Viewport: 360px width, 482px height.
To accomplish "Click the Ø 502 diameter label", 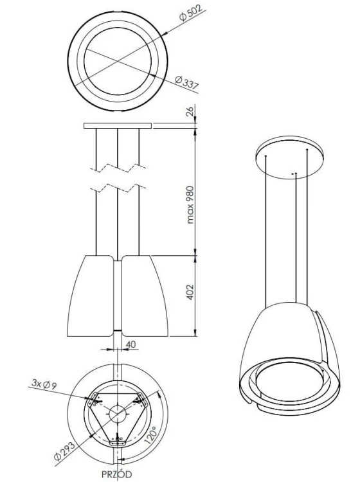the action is point(191,13).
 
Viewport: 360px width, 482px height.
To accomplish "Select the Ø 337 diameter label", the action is point(187,83).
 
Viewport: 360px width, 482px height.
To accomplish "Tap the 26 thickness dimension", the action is point(190,111).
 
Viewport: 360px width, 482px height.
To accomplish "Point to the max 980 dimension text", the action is point(190,204).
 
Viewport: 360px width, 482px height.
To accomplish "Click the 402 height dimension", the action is point(190,292).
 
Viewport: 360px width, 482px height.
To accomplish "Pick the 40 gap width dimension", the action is point(130,344).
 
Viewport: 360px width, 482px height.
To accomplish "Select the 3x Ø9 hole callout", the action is point(44,384).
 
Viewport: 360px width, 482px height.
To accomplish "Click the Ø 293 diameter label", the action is point(64,451).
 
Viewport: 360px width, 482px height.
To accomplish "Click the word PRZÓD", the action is point(117,474).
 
